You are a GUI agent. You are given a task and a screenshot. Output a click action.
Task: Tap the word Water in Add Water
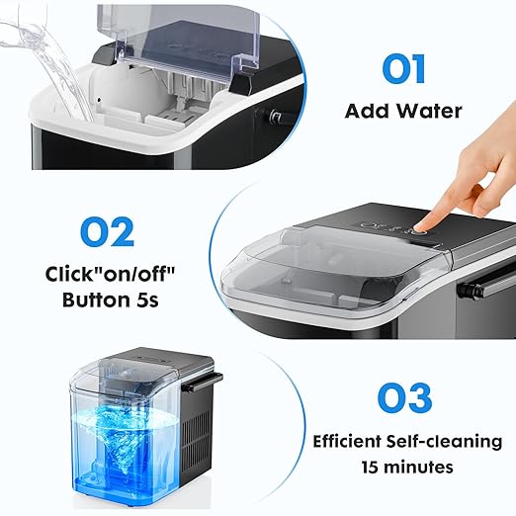(430, 111)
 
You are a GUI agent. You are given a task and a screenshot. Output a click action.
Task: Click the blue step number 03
(403, 397)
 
